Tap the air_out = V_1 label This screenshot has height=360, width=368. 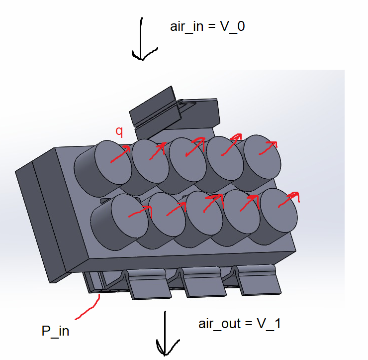pyautogui.click(x=240, y=324)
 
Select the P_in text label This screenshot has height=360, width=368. pyautogui.click(x=55, y=331)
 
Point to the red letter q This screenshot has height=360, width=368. pyautogui.click(x=119, y=131)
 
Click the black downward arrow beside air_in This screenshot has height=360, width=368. pyautogui.click(x=143, y=40)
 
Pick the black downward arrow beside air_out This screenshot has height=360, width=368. pyautogui.click(x=165, y=334)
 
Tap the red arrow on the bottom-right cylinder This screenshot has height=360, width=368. pyautogui.click(x=288, y=199)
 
